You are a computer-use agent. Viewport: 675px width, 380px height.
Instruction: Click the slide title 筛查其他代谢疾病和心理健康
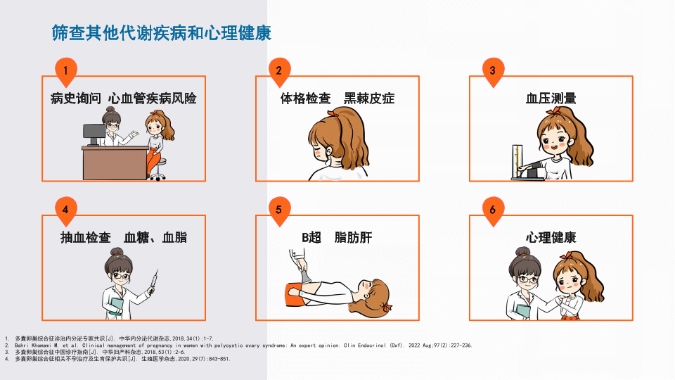pyautogui.click(x=162, y=33)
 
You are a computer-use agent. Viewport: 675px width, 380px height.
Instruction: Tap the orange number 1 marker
pyautogui.click(x=66, y=71)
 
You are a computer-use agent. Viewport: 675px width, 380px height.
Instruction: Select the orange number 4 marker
pyautogui.click(x=66, y=210)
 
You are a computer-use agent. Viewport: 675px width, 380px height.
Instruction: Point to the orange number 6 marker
pyautogui.click(x=493, y=210)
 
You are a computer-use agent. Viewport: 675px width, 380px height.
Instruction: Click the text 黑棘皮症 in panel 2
pyautogui.click(x=369, y=99)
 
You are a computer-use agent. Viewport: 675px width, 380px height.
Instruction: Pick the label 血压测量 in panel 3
pyautogui.click(x=551, y=99)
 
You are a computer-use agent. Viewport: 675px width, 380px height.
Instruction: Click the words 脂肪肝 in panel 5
pyautogui.click(x=353, y=237)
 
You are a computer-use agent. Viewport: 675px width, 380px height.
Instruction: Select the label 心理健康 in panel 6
pyautogui.click(x=551, y=237)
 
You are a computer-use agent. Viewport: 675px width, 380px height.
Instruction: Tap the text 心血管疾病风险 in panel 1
pyautogui.click(x=153, y=99)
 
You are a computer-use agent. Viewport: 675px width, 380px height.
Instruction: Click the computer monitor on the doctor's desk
pyautogui.click(x=94, y=134)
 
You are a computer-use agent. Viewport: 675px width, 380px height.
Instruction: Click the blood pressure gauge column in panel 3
pyautogui.click(x=517, y=161)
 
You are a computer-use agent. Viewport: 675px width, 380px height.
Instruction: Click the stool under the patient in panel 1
pyautogui.click(x=157, y=170)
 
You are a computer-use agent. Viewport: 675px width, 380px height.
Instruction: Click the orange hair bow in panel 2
pyautogui.click(x=333, y=113)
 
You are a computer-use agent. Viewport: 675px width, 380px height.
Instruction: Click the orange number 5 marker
pyautogui.click(x=279, y=210)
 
